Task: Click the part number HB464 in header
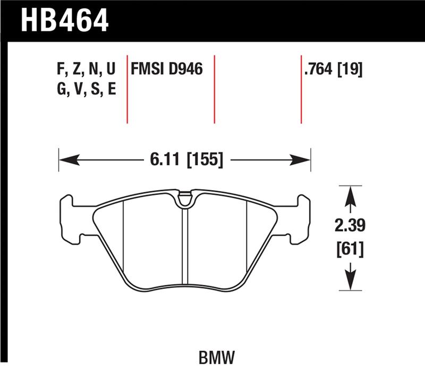64,20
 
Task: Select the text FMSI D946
167,69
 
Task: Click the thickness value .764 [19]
333,69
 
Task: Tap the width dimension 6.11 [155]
184,159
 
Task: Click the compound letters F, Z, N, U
86,69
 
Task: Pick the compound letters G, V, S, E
86,89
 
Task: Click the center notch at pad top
184,200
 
